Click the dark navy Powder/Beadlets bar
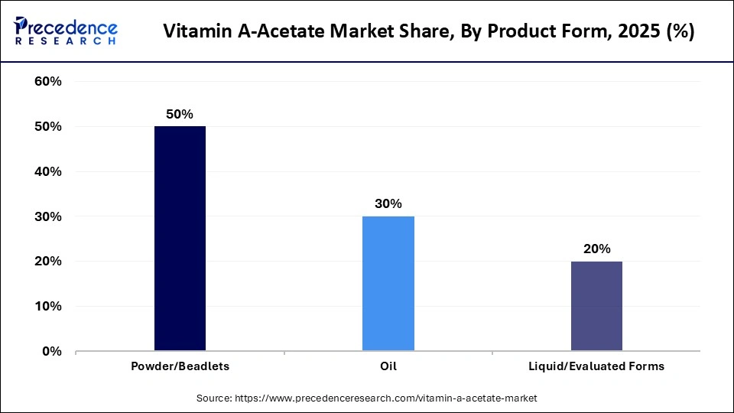point(180,239)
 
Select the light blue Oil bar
point(388,284)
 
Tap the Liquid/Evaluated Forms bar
point(596,306)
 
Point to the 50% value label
point(180,114)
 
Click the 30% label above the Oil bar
point(388,204)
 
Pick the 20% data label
point(596,249)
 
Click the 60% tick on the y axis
point(48,82)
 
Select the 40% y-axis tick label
point(48,172)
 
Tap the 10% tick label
point(48,307)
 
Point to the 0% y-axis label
point(51,352)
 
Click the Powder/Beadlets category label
point(180,366)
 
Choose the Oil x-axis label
point(388,366)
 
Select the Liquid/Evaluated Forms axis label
point(596,366)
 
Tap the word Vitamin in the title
point(196,32)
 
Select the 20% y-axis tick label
point(48,262)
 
